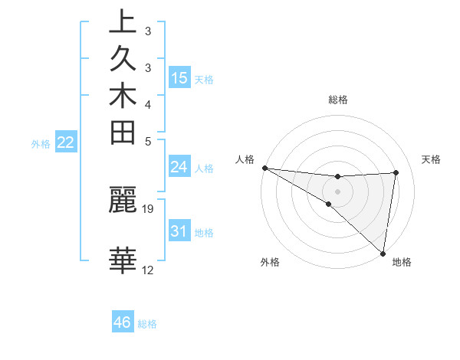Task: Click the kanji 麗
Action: tap(123, 201)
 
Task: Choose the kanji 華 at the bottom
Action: tap(123, 260)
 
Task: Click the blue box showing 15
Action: tap(179, 78)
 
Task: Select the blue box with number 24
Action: tap(179, 166)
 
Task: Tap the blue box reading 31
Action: tap(179, 231)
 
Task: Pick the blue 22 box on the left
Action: tap(66, 142)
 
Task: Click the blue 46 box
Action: tap(123, 322)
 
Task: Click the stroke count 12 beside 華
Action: tap(148, 270)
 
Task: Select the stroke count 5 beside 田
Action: tap(148, 141)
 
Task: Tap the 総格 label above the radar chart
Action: tap(338, 100)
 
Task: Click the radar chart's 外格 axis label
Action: tap(270, 262)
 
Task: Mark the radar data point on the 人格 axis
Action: tap(264, 168)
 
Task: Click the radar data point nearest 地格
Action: tap(383, 253)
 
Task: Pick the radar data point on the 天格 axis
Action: tap(396, 172)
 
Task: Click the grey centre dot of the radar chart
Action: tap(337, 191)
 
